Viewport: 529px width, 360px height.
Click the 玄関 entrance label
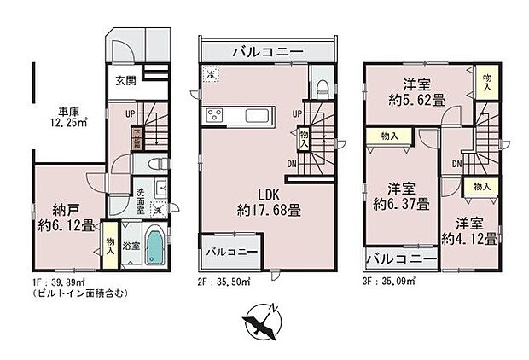(126, 83)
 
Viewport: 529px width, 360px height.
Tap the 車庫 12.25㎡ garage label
(73, 117)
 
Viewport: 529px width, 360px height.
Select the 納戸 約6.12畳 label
(65, 219)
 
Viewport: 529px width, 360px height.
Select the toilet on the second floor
(320, 86)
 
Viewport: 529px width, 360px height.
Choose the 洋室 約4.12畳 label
(468, 230)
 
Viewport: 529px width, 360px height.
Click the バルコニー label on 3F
(401, 257)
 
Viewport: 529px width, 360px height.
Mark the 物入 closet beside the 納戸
(110, 246)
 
